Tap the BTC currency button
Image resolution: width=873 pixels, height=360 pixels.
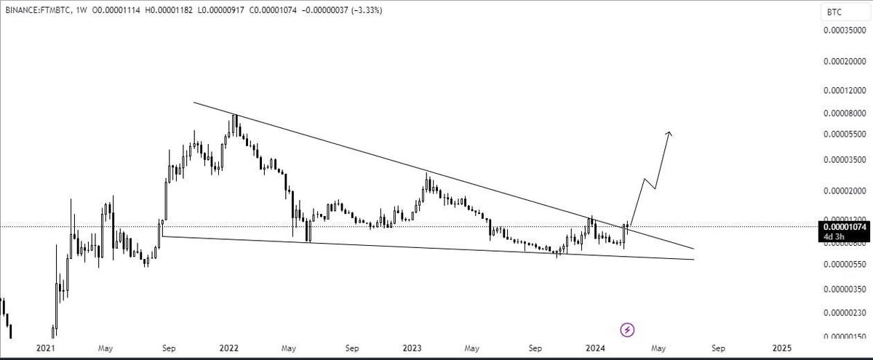click(x=832, y=12)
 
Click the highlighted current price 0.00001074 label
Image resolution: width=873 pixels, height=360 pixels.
click(x=845, y=226)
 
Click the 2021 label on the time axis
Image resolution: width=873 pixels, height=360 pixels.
click(x=45, y=348)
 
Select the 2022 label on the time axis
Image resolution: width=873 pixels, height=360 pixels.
click(x=231, y=348)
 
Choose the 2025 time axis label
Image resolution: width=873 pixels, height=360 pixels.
click(x=782, y=348)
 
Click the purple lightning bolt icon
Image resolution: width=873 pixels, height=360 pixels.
click(x=627, y=330)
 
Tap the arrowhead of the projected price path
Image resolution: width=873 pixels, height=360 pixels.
click(x=669, y=134)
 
